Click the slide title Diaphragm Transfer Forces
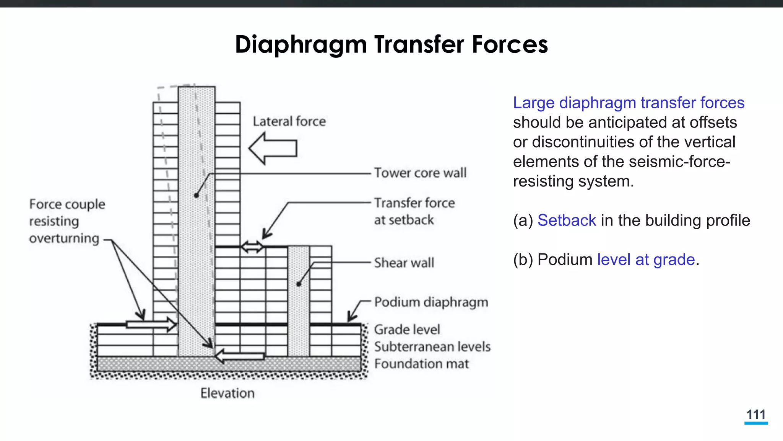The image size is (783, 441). point(391,44)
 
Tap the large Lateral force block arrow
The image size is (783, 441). point(273,149)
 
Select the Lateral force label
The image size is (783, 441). point(289,122)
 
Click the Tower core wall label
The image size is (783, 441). point(420,173)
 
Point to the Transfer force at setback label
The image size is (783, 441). point(414,211)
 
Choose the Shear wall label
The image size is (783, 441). point(404,263)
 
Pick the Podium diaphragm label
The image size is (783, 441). point(431,302)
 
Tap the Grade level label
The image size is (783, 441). point(407,330)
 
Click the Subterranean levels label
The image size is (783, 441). point(432,347)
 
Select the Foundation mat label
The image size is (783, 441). point(421,364)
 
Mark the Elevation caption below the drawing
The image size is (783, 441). point(227,393)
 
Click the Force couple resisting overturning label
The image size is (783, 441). point(67,221)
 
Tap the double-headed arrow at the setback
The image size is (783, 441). point(252,247)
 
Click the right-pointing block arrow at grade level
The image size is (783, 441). point(151,325)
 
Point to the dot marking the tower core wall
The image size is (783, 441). point(196,196)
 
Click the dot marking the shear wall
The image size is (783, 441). point(299,284)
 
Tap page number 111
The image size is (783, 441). point(756,415)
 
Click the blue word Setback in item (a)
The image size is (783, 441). point(567,220)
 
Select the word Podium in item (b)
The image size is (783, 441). point(565,260)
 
